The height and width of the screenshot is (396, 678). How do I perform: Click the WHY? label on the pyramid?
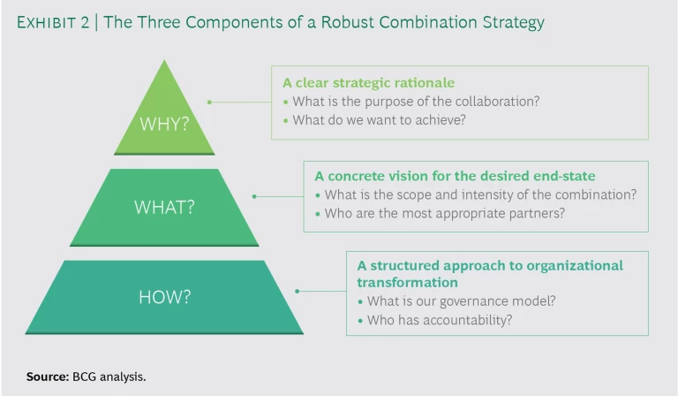(x=164, y=124)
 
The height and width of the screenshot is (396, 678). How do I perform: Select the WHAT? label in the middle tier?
(x=164, y=207)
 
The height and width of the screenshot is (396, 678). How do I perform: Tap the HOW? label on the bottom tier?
(x=164, y=297)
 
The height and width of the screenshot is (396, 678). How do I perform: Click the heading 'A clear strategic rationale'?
(x=368, y=83)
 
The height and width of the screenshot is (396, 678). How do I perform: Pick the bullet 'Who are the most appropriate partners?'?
(x=440, y=213)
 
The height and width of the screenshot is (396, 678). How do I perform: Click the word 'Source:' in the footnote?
(x=47, y=377)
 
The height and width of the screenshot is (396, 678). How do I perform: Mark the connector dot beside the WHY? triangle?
(x=208, y=102)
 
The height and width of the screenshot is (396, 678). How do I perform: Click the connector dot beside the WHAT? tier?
(x=254, y=196)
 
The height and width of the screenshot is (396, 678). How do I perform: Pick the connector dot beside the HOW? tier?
(x=297, y=291)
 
